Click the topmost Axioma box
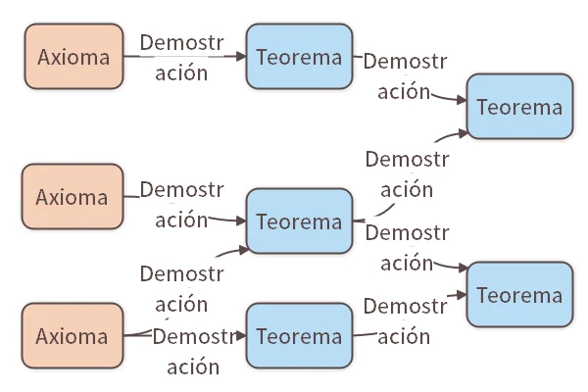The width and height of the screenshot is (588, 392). point(73,57)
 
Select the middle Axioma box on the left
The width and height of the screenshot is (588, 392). point(73,196)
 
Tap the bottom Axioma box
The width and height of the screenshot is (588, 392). point(73,336)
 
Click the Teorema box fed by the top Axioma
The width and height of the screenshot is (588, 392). point(299,57)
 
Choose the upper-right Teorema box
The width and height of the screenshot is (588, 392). point(519,107)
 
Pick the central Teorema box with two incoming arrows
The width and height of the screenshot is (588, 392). point(299,221)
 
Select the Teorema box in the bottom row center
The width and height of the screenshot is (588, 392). point(299,336)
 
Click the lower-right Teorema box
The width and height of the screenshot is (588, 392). point(519,295)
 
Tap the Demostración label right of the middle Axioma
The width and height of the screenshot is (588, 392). point(182,204)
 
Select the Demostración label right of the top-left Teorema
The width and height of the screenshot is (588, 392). point(405,76)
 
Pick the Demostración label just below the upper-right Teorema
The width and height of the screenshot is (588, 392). point(405,173)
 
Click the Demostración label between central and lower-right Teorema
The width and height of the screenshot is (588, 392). point(405,248)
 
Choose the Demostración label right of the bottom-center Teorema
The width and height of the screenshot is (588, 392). point(405,320)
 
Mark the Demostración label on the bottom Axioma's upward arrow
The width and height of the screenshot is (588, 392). point(182,287)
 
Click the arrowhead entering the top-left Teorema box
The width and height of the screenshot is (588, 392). point(241,57)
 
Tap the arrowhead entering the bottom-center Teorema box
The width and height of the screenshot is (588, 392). point(241,336)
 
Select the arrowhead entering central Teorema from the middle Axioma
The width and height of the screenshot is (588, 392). point(241,221)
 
